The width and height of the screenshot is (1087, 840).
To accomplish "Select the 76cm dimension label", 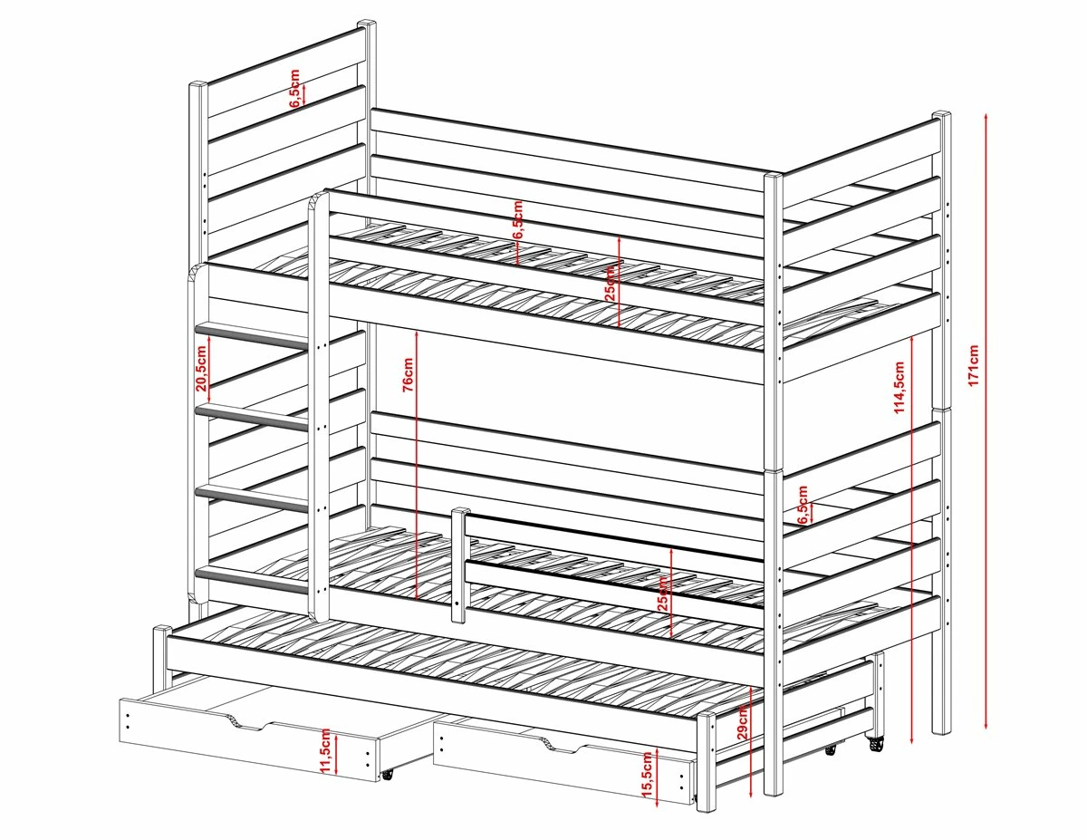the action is coord(409,374).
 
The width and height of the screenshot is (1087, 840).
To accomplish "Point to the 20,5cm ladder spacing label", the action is coord(201,368).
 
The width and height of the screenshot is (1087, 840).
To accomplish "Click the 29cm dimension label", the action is coord(742,721).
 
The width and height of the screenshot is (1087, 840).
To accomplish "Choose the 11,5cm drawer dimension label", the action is coord(325,751).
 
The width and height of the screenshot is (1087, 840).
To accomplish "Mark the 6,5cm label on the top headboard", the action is coord(295,88).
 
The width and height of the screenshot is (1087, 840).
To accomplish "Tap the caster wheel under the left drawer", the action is coord(387,788).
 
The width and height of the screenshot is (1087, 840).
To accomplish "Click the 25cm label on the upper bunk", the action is coord(611,283).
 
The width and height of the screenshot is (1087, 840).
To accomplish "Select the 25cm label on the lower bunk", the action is coord(662,594).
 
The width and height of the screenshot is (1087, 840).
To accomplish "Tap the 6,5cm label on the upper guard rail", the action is coord(518,219).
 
